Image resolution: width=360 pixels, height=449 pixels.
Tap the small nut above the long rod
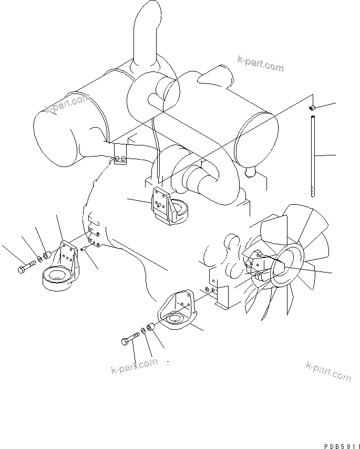click(x=312, y=108)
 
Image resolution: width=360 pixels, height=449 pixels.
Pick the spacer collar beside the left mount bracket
click(x=47, y=256)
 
